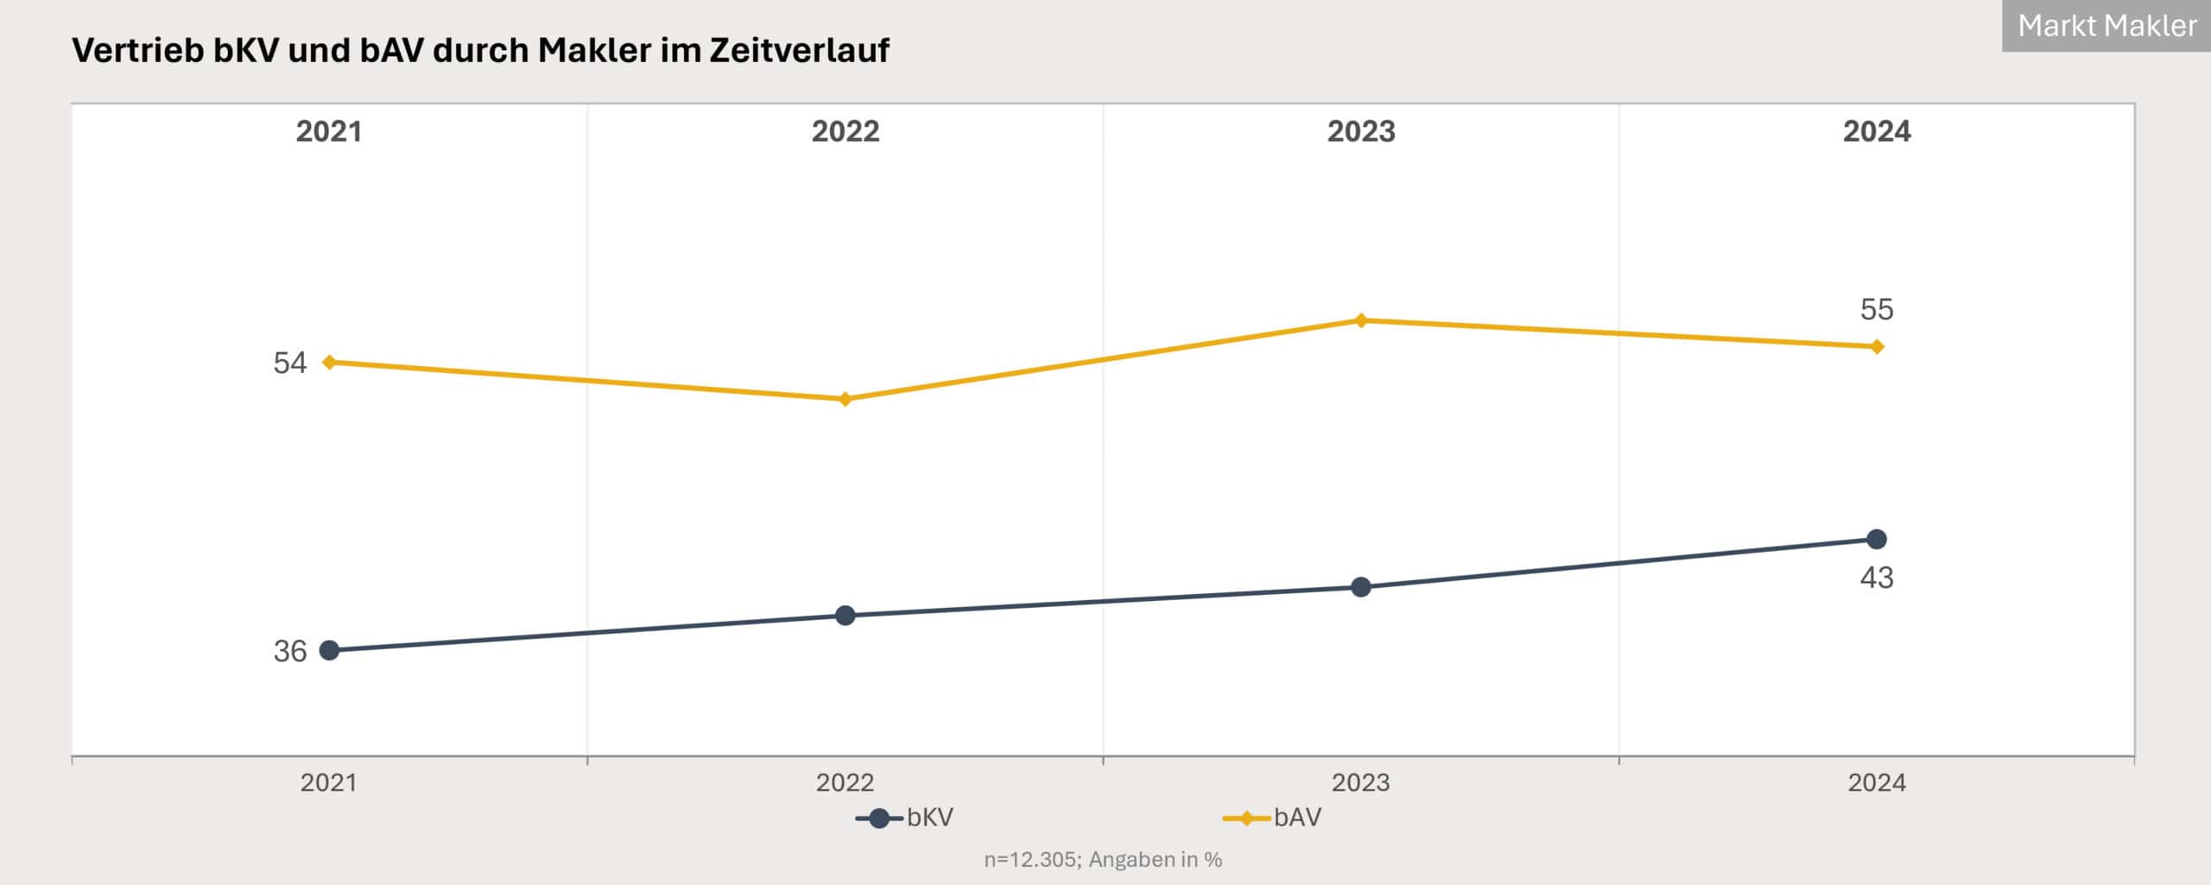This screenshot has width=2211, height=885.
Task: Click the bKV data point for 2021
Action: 329,650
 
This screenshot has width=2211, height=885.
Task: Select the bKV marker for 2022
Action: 846,615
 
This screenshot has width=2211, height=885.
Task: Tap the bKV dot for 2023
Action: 1361,587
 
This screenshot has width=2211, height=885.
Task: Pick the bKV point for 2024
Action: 1877,540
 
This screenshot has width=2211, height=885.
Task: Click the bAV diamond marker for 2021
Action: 329,362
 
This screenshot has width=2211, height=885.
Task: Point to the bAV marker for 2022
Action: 846,399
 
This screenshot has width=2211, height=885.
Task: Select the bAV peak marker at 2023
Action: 1361,320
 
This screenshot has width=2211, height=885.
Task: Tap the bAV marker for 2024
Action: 1877,346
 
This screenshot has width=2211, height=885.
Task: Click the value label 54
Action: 290,363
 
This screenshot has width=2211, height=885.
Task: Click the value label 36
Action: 290,651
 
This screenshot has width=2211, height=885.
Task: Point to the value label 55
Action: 1877,309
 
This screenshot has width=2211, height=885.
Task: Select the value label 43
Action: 1877,578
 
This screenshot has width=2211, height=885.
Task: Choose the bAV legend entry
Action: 1273,818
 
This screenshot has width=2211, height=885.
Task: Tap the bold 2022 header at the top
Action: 846,131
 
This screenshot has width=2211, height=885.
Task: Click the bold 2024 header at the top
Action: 1877,131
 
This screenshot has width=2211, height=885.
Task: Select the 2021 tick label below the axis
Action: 329,782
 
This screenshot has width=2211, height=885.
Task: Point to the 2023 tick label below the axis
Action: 1361,782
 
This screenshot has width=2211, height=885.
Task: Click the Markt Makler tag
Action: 2106,26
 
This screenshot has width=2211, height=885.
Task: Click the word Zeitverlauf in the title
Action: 800,50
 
